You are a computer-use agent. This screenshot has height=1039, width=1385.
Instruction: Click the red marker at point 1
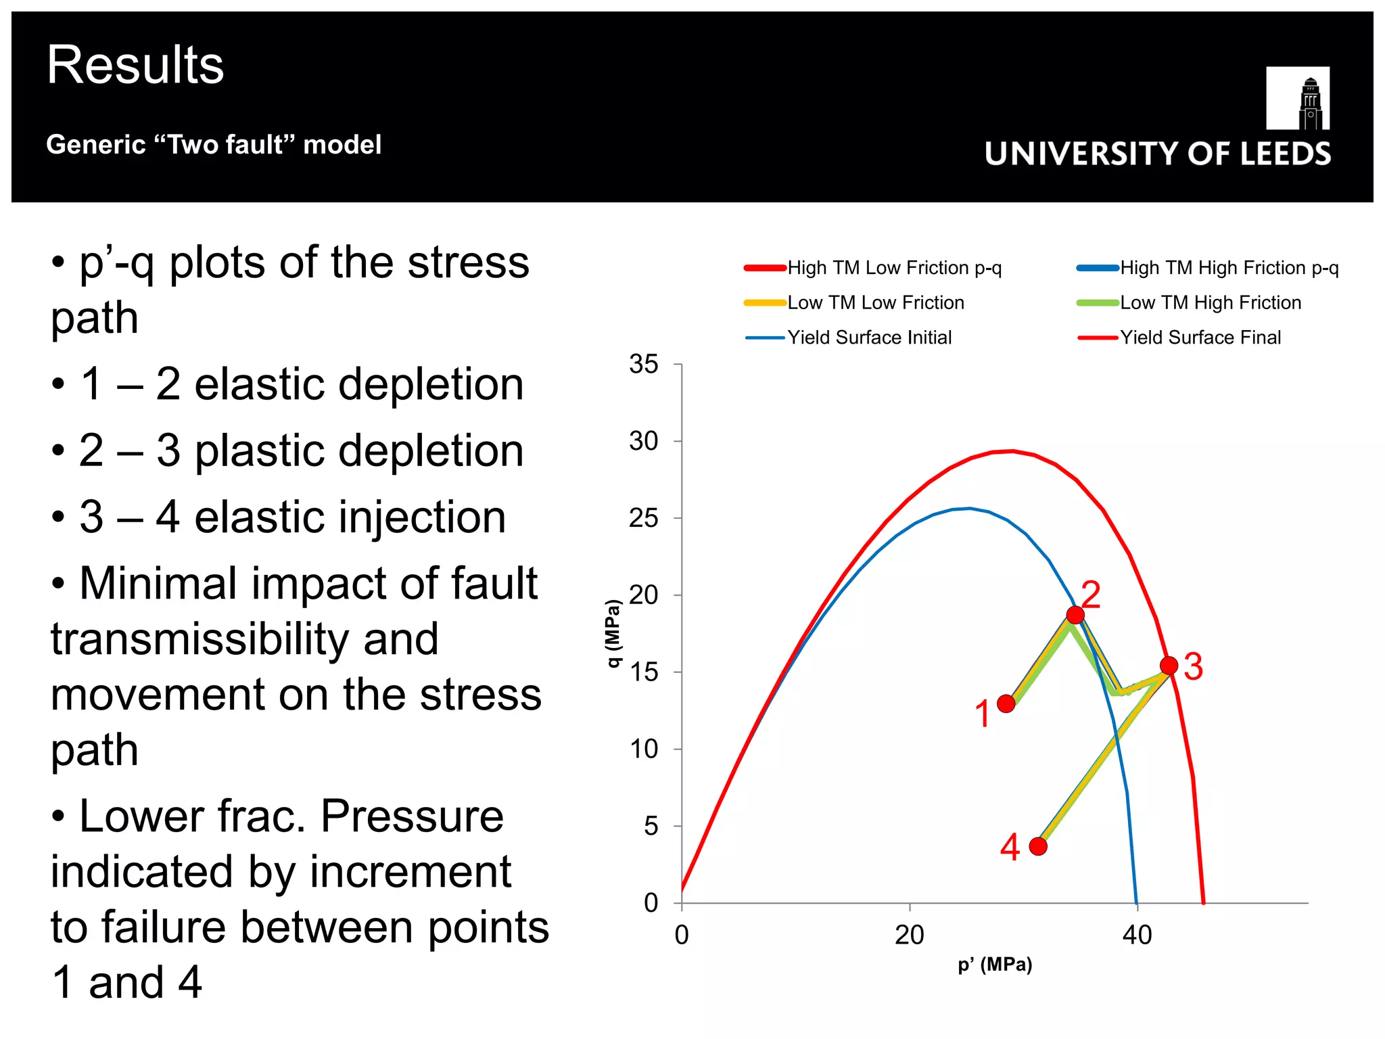coord(1006,703)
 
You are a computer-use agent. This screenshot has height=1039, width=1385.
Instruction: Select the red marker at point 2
coord(1075,615)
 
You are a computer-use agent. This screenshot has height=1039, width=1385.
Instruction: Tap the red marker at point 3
coord(1169,666)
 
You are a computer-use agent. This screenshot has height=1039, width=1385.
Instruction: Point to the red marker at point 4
coord(1038,846)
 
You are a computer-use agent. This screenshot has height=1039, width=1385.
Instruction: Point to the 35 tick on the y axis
coord(643,365)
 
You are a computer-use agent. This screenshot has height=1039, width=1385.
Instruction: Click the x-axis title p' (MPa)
coord(995,965)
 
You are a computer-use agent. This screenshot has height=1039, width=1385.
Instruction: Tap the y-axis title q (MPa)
coord(613,633)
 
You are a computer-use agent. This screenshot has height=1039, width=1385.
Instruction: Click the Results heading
coord(135,65)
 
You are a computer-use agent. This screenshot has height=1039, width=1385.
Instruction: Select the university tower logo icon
coord(1298,98)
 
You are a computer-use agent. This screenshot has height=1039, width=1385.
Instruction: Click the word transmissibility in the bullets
coord(244,639)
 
